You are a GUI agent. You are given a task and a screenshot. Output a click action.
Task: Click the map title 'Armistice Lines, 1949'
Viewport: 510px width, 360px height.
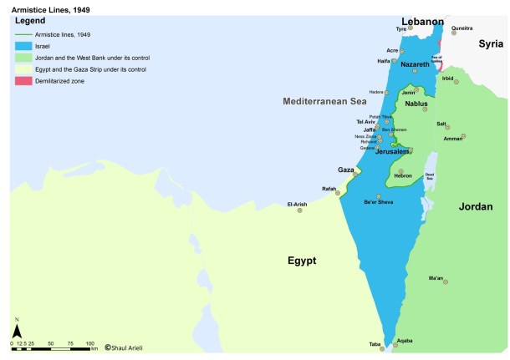click(x=41, y=7)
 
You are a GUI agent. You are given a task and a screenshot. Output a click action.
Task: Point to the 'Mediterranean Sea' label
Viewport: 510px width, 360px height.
click(x=324, y=101)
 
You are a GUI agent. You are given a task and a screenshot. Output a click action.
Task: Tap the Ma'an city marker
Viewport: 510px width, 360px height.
click(x=446, y=282)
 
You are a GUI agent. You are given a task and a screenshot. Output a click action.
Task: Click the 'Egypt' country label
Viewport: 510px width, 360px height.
click(x=301, y=261)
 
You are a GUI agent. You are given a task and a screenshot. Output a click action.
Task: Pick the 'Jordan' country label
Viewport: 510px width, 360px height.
click(x=476, y=206)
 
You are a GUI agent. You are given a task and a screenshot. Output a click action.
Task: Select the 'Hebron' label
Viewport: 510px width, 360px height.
click(x=404, y=176)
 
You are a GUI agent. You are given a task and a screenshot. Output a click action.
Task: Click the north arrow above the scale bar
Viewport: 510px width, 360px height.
click(x=16, y=323)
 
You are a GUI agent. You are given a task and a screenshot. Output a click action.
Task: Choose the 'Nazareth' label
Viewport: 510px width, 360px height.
click(x=416, y=63)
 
